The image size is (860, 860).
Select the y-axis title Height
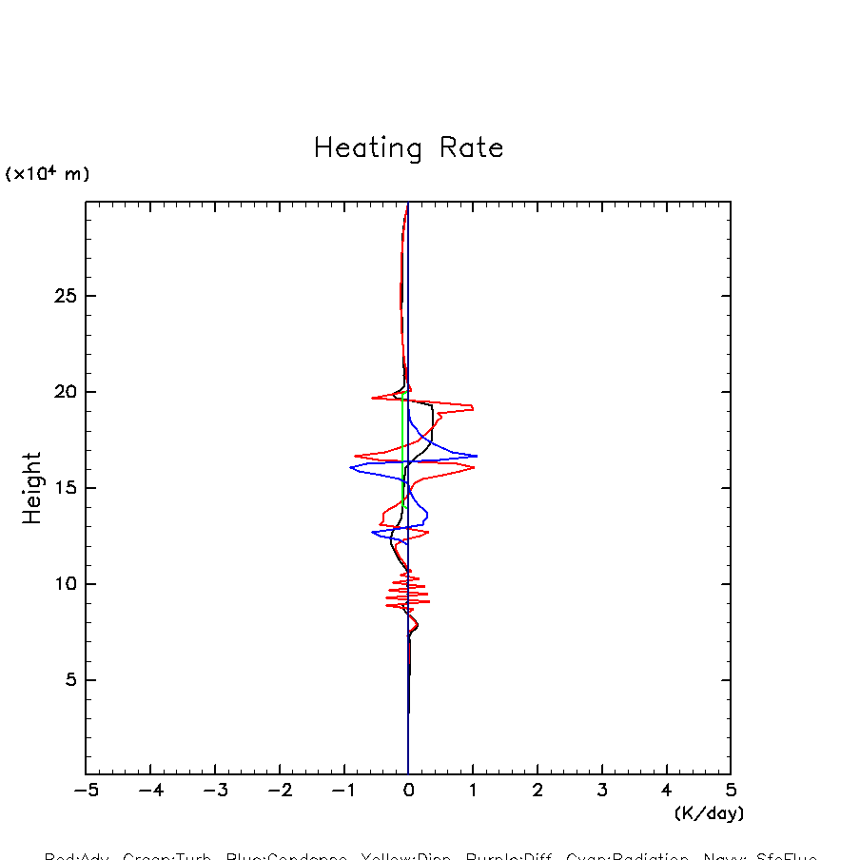[x=32, y=487]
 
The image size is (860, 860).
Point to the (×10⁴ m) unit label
[x=48, y=174]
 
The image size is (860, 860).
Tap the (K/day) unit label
[x=709, y=813]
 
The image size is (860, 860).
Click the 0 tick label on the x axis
[x=408, y=791]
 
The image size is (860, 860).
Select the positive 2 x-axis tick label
[x=537, y=791]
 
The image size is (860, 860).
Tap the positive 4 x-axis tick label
[x=666, y=791]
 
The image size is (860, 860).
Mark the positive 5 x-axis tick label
[x=731, y=791]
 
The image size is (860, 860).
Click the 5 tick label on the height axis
[x=65, y=680]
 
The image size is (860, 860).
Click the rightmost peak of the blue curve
[x=476, y=456]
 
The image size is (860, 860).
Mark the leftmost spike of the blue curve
[x=351, y=467]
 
